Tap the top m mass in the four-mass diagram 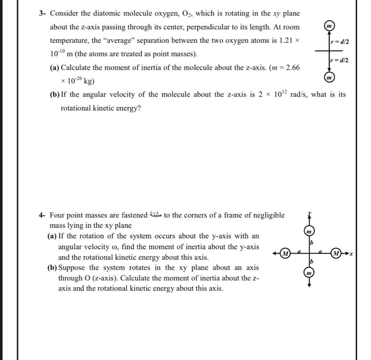coord(309,231)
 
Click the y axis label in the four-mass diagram coord(309,214)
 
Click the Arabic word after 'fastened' coord(156,215)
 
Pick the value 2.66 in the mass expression coord(293,68)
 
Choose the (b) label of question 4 coord(52,268)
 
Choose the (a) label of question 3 coord(55,68)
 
